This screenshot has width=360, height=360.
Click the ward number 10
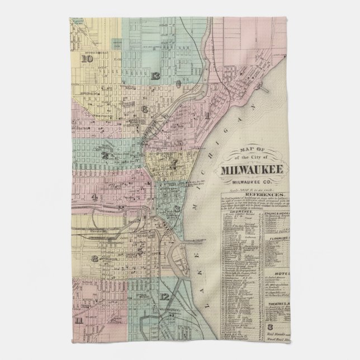(x=87, y=58)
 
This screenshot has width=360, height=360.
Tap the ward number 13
(x=155, y=76)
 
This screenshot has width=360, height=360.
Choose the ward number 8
(x=96, y=258)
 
